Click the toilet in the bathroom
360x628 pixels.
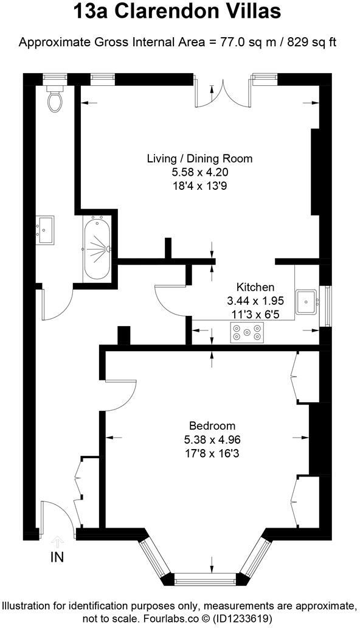coord(55,100)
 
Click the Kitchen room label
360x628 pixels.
coord(255,287)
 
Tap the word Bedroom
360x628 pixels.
coord(212,426)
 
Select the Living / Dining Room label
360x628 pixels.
coord(199,159)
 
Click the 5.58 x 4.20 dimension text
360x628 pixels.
coord(199,172)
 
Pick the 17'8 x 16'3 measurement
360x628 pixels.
coord(212,453)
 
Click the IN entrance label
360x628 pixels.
coord(57,556)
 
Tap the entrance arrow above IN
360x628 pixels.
coord(57,540)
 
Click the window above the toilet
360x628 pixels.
coord(54,78)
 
